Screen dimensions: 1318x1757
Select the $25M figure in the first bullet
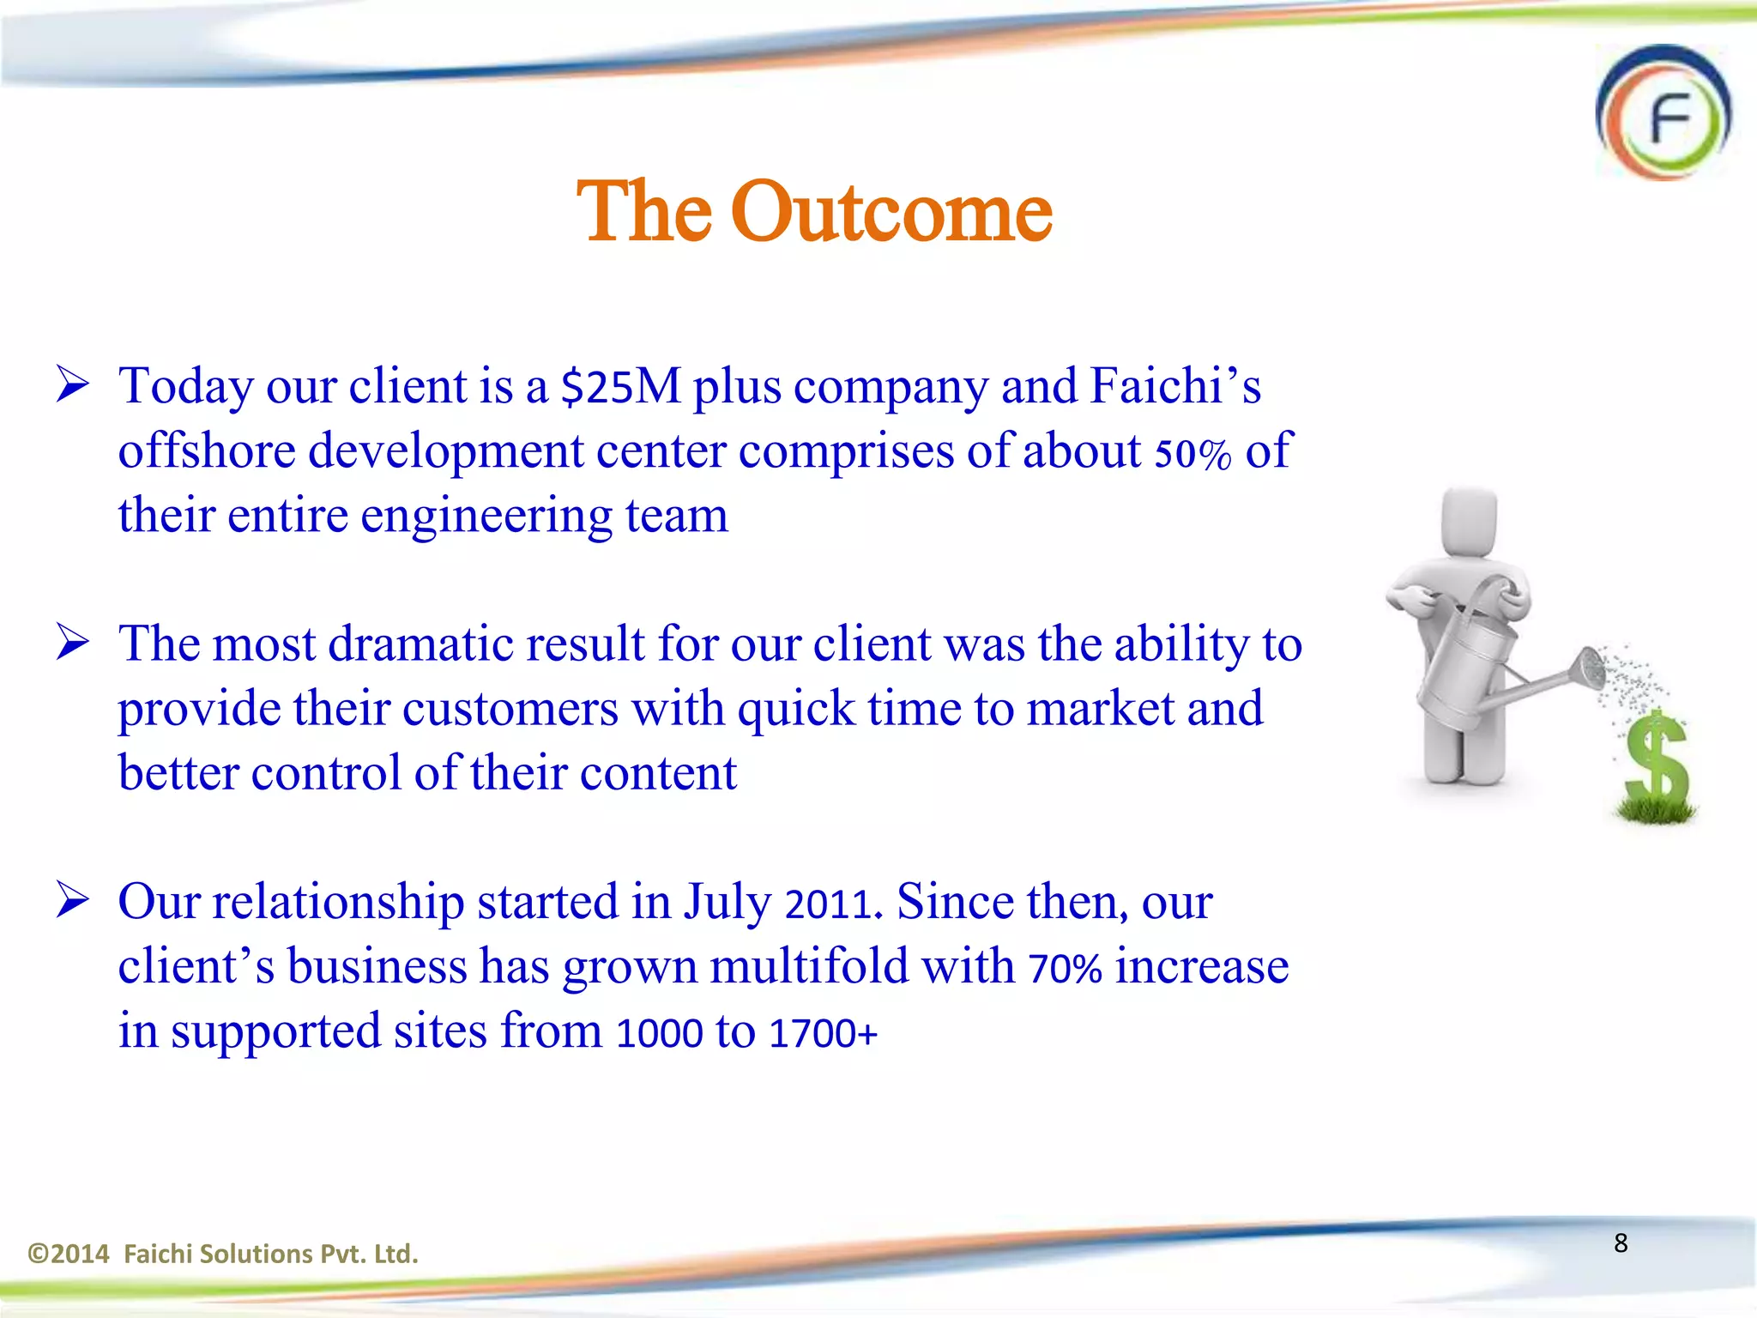point(619,387)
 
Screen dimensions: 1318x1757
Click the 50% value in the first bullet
point(1192,453)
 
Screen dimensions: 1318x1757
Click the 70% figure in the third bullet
point(1065,969)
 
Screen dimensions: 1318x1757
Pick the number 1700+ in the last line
point(824,1033)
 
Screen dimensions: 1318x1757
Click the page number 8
point(1621,1242)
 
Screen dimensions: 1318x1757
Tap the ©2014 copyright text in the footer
point(69,1254)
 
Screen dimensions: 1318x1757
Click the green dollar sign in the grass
point(1657,760)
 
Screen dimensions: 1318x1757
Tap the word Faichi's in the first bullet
point(1174,386)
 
